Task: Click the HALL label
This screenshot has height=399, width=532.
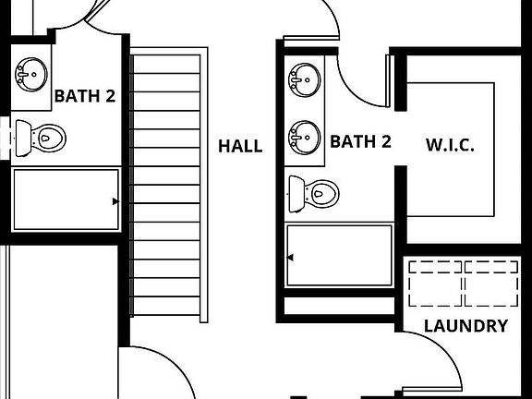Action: click(x=240, y=146)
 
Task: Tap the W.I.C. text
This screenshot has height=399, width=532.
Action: click(x=450, y=145)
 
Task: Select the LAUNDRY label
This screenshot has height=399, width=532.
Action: click(x=466, y=326)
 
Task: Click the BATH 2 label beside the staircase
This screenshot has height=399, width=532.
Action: click(x=85, y=96)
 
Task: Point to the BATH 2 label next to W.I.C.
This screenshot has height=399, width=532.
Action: click(x=360, y=141)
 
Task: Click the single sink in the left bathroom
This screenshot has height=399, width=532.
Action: click(x=31, y=75)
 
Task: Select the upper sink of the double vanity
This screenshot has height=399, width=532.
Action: click(x=305, y=80)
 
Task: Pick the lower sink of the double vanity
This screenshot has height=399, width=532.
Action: click(x=305, y=138)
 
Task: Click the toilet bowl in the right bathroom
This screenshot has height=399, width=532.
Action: click(x=321, y=194)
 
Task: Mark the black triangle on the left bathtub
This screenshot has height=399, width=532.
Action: click(x=115, y=201)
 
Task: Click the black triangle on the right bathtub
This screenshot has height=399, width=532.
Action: click(x=290, y=258)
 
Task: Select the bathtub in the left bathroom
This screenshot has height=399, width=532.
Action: click(x=66, y=199)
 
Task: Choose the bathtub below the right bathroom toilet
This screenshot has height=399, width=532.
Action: click(x=339, y=256)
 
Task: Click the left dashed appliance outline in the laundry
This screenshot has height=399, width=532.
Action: click(x=435, y=284)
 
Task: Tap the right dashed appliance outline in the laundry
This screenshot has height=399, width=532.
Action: click(x=491, y=284)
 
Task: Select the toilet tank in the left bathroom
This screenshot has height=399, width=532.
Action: click(x=23, y=139)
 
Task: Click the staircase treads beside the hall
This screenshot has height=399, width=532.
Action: click(x=166, y=185)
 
